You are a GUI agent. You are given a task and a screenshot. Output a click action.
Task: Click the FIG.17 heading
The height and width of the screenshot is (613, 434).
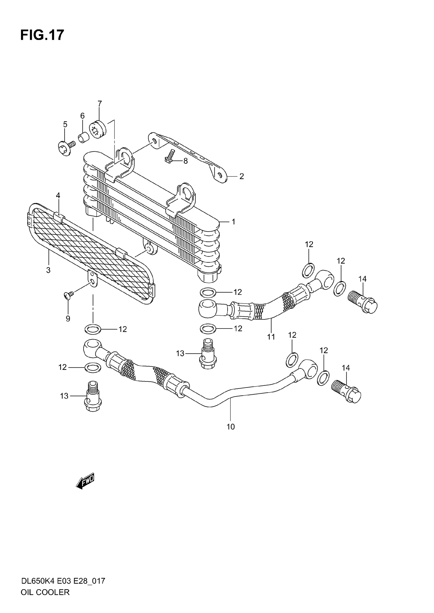tap(42, 35)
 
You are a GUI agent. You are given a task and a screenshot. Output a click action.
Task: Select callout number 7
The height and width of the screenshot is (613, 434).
tap(99, 103)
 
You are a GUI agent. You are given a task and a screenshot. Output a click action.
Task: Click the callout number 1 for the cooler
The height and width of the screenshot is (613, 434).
tap(233, 222)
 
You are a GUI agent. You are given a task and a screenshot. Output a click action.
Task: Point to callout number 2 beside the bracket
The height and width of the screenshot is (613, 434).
tap(241, 176)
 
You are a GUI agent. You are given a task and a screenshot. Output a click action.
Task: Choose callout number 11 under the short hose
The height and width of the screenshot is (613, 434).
tap(271, 337)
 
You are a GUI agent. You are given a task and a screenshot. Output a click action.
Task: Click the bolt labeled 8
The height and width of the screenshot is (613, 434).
tap(170, 156)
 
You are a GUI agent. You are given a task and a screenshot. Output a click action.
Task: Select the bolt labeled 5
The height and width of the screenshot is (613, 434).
tap(65, 147)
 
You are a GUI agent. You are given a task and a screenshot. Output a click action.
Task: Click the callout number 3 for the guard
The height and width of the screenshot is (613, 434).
tap(48, 270)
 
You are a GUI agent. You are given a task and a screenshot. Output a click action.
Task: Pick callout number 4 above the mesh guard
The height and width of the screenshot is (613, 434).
tap(58, 195)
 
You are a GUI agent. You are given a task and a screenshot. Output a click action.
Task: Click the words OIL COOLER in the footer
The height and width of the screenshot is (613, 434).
tap(45, 600)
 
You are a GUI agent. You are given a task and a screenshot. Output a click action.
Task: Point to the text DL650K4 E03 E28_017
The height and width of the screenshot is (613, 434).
tap(63, 588)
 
